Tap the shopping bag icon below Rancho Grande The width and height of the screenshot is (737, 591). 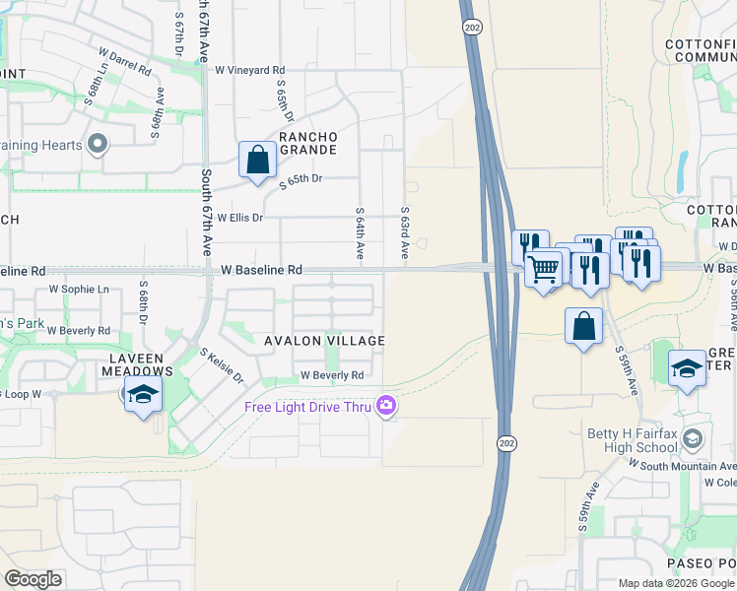(257, 160)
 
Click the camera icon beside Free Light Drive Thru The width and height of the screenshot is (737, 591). (386, 405)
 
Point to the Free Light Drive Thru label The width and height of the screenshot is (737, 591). (308, 407)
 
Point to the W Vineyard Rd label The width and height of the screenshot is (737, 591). (249, 71)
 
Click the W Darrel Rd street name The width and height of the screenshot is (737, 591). (125, 59)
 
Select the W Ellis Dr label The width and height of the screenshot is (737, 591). (240, 218)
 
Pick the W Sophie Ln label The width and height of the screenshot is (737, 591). (79, 290)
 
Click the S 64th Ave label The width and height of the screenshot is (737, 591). (361, 233)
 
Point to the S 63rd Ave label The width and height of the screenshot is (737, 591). (404, 233)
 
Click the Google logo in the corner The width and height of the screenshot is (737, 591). (33, 579)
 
